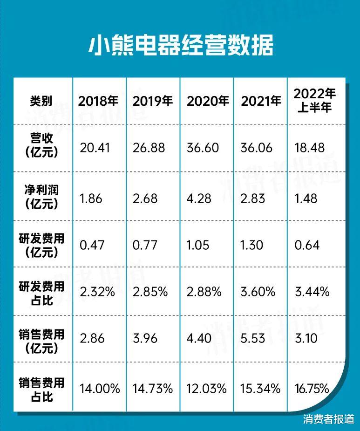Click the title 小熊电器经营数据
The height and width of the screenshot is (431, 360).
pos(180,45)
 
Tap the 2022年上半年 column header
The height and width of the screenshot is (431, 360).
pos(314,100)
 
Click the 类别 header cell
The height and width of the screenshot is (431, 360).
pos(41,101)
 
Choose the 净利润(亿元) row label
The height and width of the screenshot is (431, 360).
pos(42,198)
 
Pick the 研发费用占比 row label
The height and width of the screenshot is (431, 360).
pos(42,292)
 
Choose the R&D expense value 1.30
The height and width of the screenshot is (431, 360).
pos(253,245)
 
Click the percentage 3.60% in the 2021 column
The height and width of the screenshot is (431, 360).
pos(258,292)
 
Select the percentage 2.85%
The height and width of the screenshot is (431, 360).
pos(150,292)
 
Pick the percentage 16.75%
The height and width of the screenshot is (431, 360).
pos(312,388)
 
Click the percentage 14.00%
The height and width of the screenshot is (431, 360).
pos(100,388)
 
